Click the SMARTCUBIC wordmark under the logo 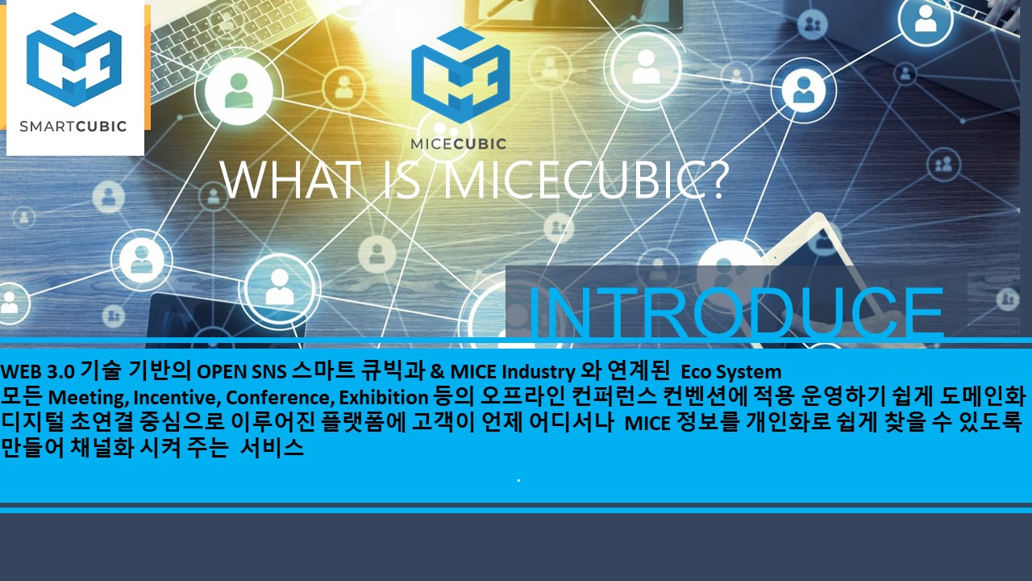pos(73,126)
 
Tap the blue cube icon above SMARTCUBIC pos(74,60)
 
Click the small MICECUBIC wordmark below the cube pos(459,144)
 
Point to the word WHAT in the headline pos(289,180)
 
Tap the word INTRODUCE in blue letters pos(736,313)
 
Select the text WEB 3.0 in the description pos(38,372)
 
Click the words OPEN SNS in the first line pos(242,372)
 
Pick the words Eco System pos(731,372)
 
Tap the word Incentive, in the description pos(177,397)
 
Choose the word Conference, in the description pos(280,397)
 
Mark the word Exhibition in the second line pos(384,397)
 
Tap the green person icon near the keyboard pos(239,91)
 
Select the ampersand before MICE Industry pos(435,372)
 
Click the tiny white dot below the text pos(518,480)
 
